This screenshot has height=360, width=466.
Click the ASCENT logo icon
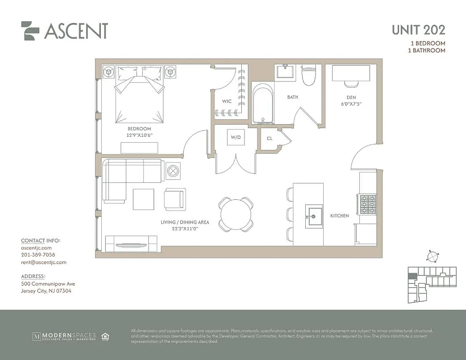point(30,31)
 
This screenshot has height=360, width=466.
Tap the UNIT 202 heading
point(418,30)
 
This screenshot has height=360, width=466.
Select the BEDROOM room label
point(139,129)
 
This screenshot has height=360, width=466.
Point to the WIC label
point(226,101)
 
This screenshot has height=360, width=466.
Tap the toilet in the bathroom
point(309,76)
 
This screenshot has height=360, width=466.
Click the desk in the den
point(351,73)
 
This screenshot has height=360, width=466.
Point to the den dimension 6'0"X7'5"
point(351,103)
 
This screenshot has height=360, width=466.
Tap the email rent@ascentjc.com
point(44,262)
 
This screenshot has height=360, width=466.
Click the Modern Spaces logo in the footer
point(64,336)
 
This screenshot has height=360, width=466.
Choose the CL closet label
point(269,139)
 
